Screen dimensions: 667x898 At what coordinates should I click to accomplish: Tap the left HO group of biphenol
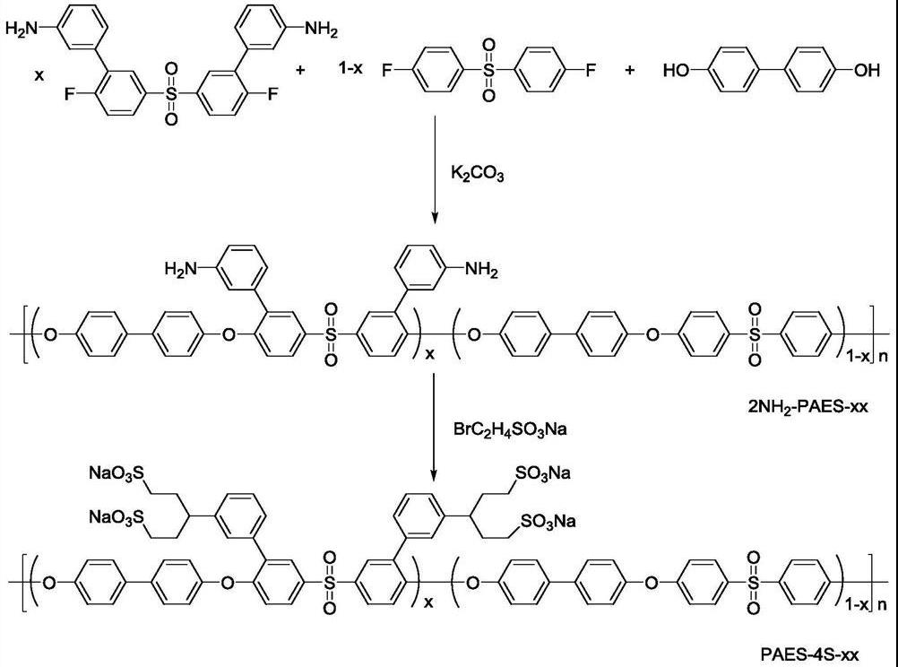(678, 70)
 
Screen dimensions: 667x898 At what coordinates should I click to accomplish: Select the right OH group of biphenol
(867, 70)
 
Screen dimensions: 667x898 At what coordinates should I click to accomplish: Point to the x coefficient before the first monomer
(39, 76)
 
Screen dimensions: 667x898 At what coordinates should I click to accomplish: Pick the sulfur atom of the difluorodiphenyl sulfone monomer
(488, 69)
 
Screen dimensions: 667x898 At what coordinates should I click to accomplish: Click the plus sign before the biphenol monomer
(630, 69)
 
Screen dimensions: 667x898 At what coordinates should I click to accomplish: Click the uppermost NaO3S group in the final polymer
(114, 472)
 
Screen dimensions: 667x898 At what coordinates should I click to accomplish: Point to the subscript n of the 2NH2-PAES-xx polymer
(884, 356)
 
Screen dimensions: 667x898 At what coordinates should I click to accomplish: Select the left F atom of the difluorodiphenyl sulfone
(386, 70)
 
